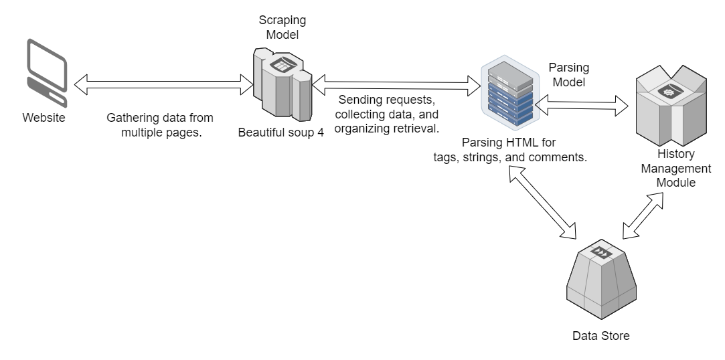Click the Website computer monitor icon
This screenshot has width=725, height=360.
click(46, 73)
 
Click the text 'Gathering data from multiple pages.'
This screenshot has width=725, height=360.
click(160, 124)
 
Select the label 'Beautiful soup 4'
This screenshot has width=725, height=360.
click(281, 132)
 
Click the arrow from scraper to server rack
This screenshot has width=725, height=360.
click(395, 83)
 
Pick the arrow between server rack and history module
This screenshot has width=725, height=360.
click(581, 104)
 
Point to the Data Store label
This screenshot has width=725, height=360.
click(601, 335)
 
